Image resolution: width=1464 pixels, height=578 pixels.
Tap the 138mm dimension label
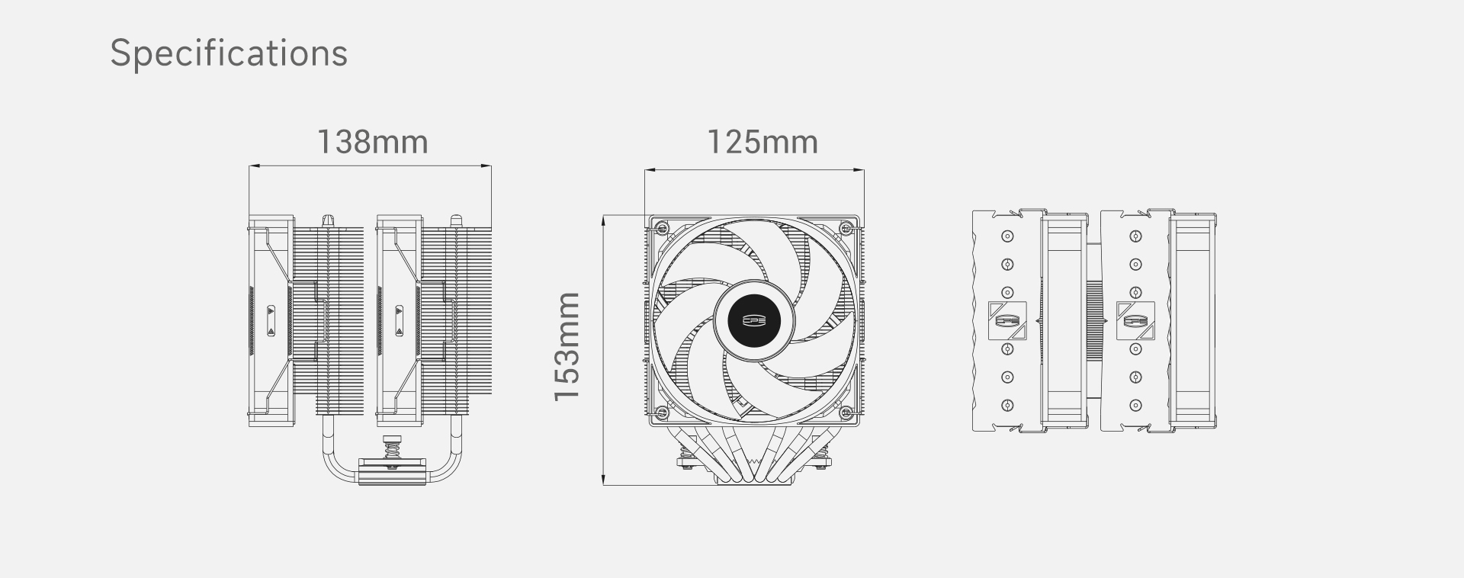click(372, 143)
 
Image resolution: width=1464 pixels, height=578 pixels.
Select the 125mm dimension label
click(762, 143)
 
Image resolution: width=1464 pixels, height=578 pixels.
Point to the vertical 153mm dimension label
click(567, 346)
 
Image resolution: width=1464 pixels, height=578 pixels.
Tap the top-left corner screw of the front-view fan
click(661, 228)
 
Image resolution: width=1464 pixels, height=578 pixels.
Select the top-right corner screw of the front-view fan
click(846, 228)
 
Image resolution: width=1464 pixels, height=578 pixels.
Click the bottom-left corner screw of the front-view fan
click(661, 413)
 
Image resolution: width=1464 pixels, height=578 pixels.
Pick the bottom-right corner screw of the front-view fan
click(846, 413)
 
